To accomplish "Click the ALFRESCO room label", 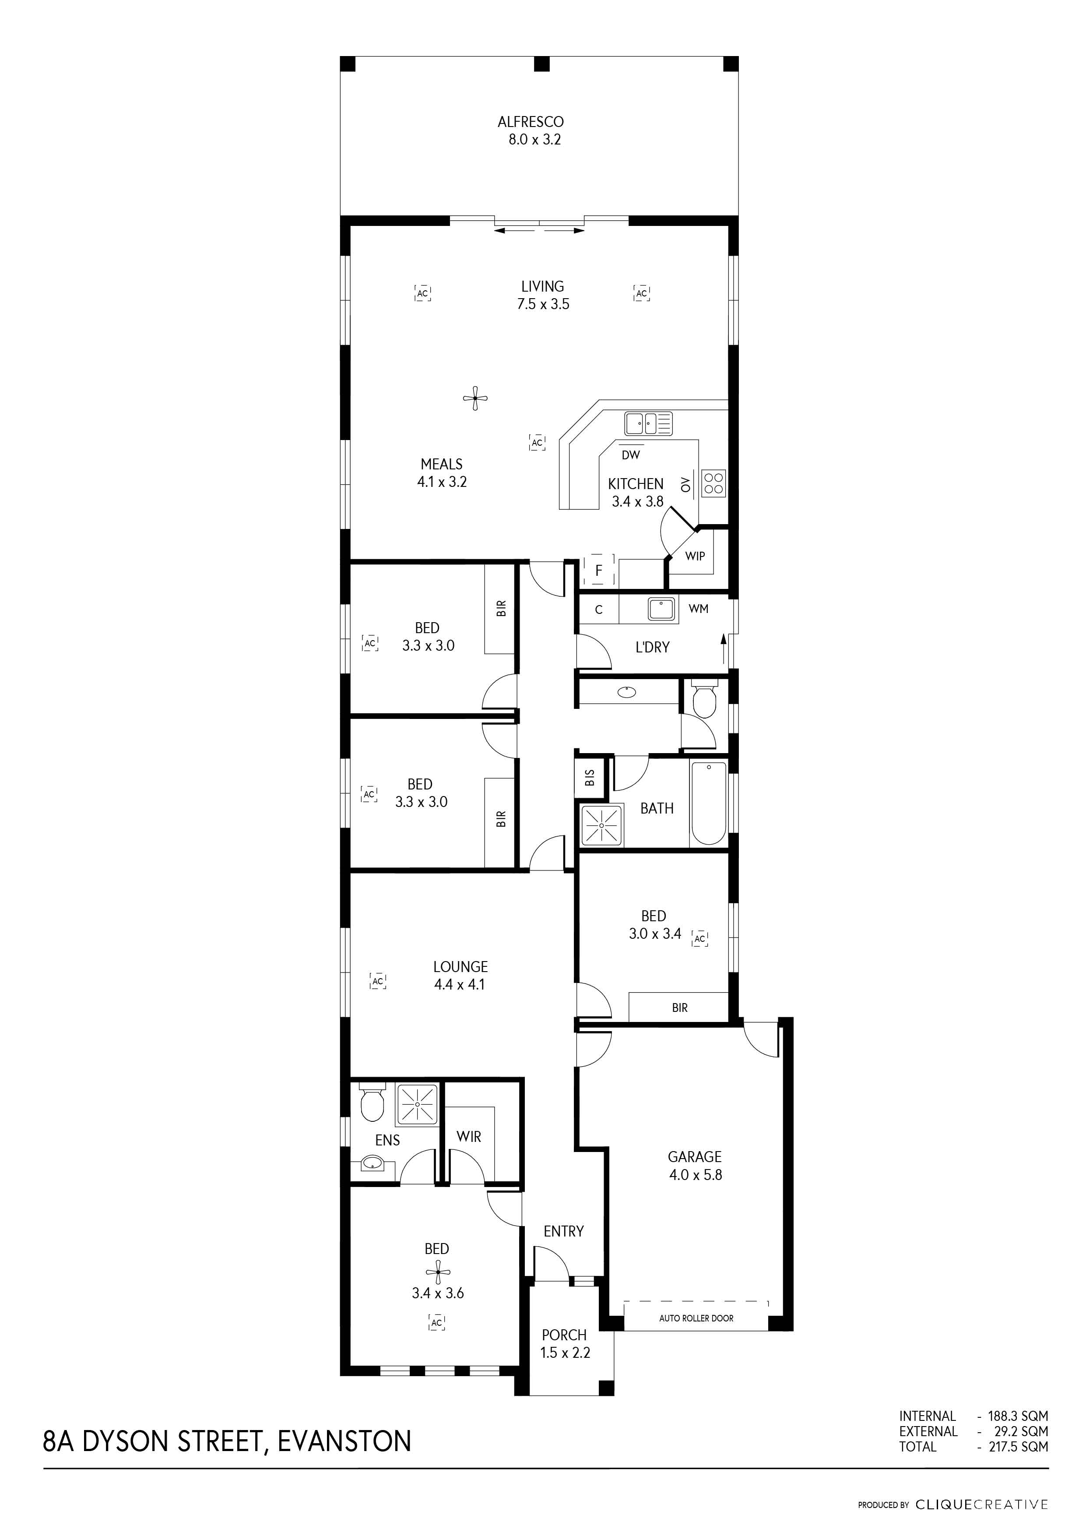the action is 530,122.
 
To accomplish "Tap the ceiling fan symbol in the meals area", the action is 475,399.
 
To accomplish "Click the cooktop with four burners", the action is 713,483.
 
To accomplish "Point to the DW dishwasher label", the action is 631,455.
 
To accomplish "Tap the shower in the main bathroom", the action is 602,825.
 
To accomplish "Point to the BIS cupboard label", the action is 590,777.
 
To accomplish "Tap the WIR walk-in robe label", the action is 469,1137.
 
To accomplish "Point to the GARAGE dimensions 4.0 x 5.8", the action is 696,1175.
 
